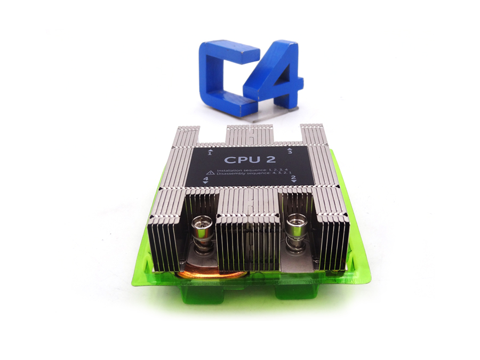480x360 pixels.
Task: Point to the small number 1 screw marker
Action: click(210, 153)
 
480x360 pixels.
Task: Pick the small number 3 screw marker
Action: click(290, 152)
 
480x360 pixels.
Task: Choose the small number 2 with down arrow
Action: click(293, 179)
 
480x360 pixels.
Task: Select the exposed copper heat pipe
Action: click(213, 274)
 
